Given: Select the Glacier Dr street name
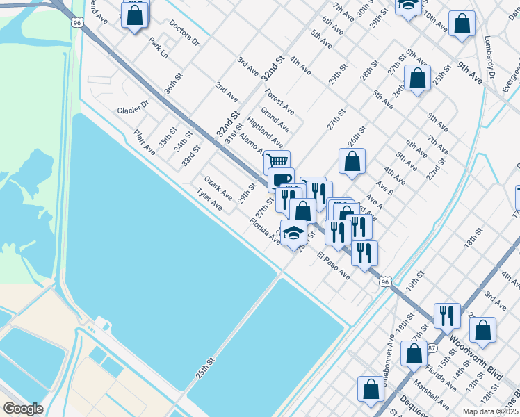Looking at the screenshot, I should pos(133,109).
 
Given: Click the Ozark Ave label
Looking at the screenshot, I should pos(218,186).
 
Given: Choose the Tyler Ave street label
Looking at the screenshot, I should pos(209,202).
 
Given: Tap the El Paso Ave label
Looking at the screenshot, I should pos(333,265).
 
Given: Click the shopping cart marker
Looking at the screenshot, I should pos(277,162).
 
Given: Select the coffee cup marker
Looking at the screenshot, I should pos(281,179).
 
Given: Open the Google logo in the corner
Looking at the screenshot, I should pos(23,409).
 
